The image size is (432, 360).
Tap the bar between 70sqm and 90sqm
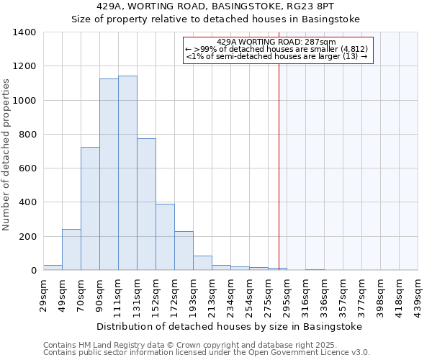(x=90, y=209)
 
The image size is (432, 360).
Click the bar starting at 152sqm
(x=165, y=238)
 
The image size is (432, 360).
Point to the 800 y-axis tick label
(x=27, y=135)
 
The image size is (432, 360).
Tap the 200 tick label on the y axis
(x=27, y=237)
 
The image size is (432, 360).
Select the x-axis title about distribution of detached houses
(x=230, y=326)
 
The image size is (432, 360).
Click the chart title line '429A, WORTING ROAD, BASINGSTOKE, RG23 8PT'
(x=215, y=6)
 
